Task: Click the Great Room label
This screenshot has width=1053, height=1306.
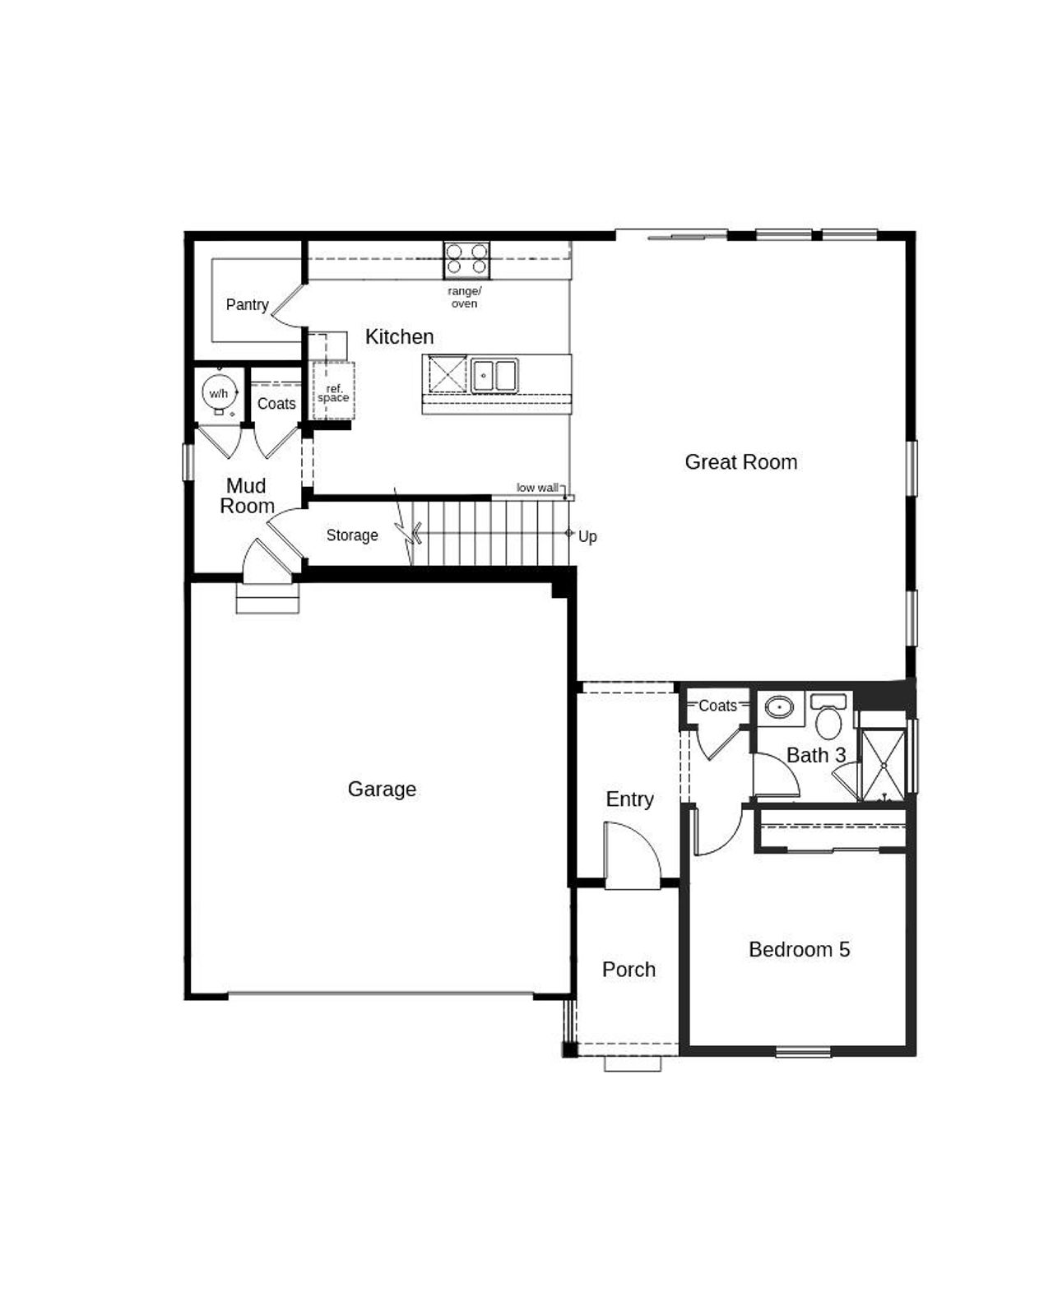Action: [x=740, y=462]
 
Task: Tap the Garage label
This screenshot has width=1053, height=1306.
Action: [x=382, y=790]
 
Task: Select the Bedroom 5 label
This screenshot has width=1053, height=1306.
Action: [x=799, y=950]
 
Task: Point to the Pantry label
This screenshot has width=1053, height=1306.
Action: [x=247, y=305]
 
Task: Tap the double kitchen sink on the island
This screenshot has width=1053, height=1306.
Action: [x=494, y=375]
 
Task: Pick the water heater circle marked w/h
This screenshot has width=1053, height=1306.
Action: [x=219, y=393]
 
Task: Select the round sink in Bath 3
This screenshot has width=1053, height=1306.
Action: [x=778, y=706]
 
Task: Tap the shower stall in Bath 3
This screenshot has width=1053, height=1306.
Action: [x=882, y=765]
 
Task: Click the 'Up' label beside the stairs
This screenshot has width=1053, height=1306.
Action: [x=587, y=537]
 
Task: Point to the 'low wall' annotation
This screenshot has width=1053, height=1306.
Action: [x=537, y=488]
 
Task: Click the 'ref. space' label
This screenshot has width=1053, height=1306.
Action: [x=333, y=394]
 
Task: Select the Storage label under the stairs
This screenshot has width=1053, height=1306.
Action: [x=352, y=535]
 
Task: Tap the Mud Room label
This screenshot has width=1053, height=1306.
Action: [x=247, y=496]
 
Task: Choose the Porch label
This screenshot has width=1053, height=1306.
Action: [x=629, y=970]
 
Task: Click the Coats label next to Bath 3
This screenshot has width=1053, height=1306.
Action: [x=717, y=706]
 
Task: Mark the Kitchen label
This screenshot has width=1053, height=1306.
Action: [x=399, y=336]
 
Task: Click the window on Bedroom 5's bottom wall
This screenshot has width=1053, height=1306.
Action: [x=804, y=1050]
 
